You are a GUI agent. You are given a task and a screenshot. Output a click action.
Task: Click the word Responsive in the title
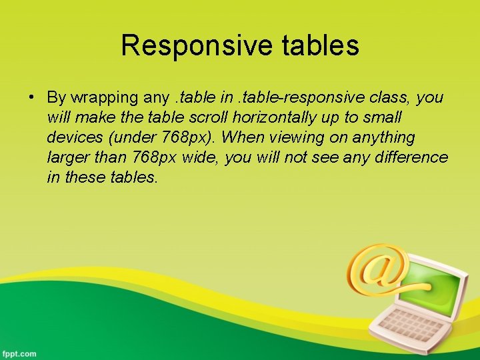[194, 46]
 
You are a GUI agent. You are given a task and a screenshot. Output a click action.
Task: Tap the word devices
[71, 138]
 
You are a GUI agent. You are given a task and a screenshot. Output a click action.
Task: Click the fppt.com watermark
[19, 353]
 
